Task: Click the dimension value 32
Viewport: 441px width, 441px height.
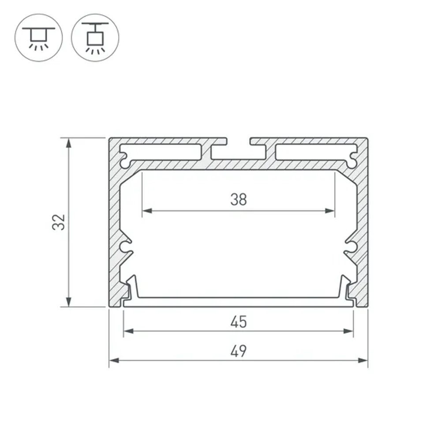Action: [x=59, y=222]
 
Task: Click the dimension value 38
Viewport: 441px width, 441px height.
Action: [x=239, y=200]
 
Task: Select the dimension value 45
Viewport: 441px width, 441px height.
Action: [x=239, y=322]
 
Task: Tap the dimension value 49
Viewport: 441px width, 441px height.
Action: [x=239, y=351]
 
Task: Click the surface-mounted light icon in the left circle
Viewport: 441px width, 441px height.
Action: [x=39, y=37]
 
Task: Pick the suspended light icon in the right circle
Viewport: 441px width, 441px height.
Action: [x=95, y=37]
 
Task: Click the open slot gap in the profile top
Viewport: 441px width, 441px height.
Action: [x=239, y=141]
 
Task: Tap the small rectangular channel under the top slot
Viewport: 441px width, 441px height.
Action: [x=239, y=153]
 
